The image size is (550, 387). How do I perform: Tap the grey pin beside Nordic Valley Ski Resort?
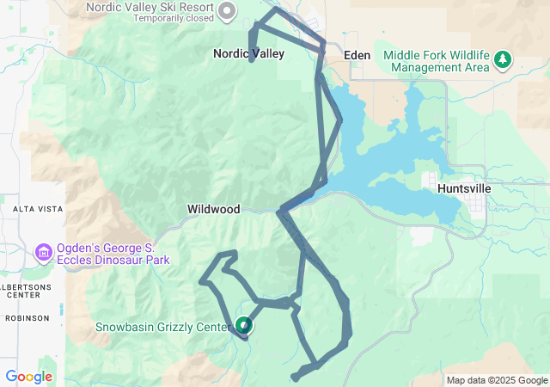(x=227, y=11)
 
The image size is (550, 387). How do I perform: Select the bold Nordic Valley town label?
(x=248, y=53)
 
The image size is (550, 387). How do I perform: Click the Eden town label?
(x=357, y=55)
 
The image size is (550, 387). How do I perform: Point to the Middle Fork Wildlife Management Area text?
(x=436, y=61)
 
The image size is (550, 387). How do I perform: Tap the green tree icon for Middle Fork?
(x=503, y=60)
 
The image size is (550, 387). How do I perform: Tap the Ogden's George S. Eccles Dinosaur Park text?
(x=113, y=253)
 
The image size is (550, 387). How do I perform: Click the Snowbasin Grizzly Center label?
(x=162, y=327)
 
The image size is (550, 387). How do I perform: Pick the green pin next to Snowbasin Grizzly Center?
(x=244, y=325)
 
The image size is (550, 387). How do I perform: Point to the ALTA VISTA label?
(x=35, y=209)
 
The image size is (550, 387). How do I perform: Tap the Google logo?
(x=28, y=377)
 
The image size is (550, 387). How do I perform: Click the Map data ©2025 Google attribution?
(x=497, y=380)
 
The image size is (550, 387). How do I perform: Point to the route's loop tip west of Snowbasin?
(x=204, y=280)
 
